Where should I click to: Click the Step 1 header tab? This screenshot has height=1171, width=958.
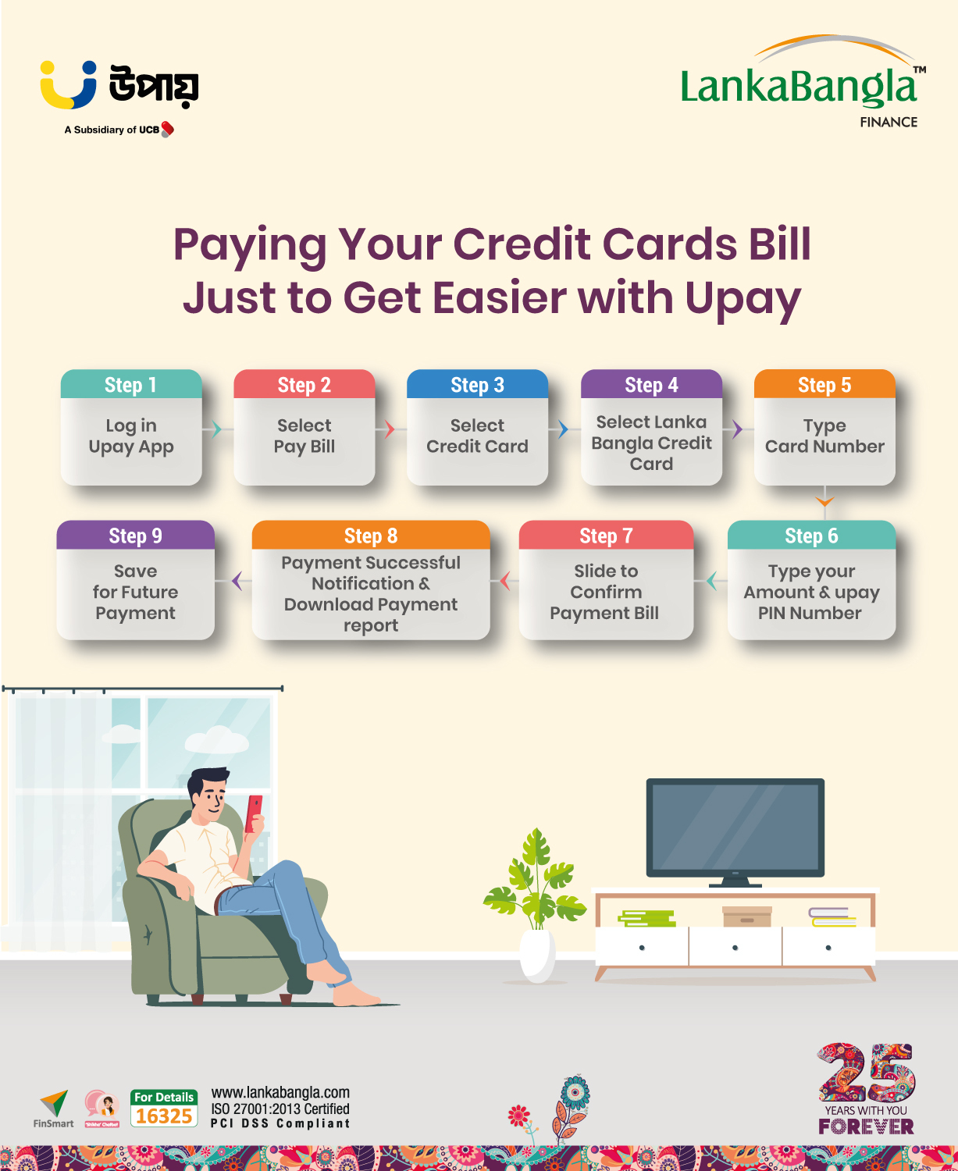pos(131,384)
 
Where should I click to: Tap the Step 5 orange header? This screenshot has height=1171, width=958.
pos(824,384)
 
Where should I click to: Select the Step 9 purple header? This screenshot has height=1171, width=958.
pos(136,536)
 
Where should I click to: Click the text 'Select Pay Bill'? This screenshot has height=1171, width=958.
pos(304,436)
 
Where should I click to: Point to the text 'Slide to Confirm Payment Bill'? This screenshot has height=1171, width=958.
pos(605,592)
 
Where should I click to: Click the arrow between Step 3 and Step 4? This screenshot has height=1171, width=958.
pos(563,429)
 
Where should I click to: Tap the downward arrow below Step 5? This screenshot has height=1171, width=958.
pos(824,501)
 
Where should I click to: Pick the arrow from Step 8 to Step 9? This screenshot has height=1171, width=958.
pos(237,581)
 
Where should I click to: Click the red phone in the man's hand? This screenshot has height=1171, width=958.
pos(254,814)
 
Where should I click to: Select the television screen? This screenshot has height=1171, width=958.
pos(735,828)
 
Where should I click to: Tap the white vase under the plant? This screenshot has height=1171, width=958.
pos(537,955)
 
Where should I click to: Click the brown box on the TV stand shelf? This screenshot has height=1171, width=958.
pos(747,917)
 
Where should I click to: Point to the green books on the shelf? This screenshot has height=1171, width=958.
pos(647,919)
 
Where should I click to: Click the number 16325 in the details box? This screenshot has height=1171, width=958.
pos(164,1116)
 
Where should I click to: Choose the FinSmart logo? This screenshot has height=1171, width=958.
pos(53,1109)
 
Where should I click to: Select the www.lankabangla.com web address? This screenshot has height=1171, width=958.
pos(280,1093)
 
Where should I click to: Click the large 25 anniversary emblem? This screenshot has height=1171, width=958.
pos(867,1074)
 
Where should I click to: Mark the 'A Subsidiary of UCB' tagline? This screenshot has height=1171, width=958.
pos(119,130)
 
